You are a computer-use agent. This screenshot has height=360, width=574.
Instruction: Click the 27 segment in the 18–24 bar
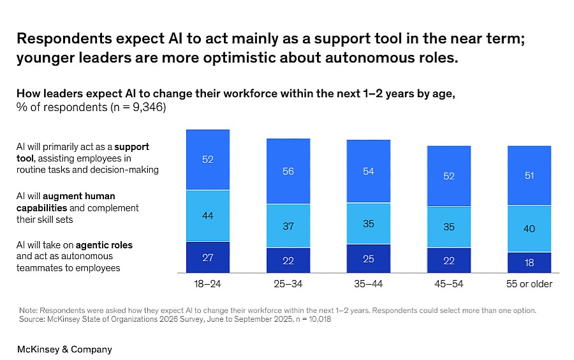(x=208, y=257)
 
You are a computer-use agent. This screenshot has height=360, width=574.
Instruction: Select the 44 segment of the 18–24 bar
(x=208, y=216)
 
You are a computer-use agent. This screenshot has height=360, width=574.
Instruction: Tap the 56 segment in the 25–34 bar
(x=288, y=171)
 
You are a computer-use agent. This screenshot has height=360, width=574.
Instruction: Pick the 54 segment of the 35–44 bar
(x=369, y=171)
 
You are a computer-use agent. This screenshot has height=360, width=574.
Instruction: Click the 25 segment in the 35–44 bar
(x=369, y=259)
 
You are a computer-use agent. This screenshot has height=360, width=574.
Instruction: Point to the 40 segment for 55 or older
(x=529, y=229)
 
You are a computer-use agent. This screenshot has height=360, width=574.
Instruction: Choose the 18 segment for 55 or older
(x=529, y=262)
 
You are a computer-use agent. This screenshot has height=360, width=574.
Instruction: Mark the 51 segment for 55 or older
(x=529, y=176)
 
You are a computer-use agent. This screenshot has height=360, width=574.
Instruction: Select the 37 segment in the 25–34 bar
(x=288, y=225)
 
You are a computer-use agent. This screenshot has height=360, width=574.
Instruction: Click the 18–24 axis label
(x=208, y=283)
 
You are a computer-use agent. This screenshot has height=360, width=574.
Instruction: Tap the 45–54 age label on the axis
(x=449, y=283)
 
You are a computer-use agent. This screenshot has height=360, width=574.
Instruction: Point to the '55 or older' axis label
(x=529, y=283)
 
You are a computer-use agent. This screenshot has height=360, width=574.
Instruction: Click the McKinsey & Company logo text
(x=64, y=349)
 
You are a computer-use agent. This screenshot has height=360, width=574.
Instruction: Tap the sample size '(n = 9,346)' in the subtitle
(x=136, y=107)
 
